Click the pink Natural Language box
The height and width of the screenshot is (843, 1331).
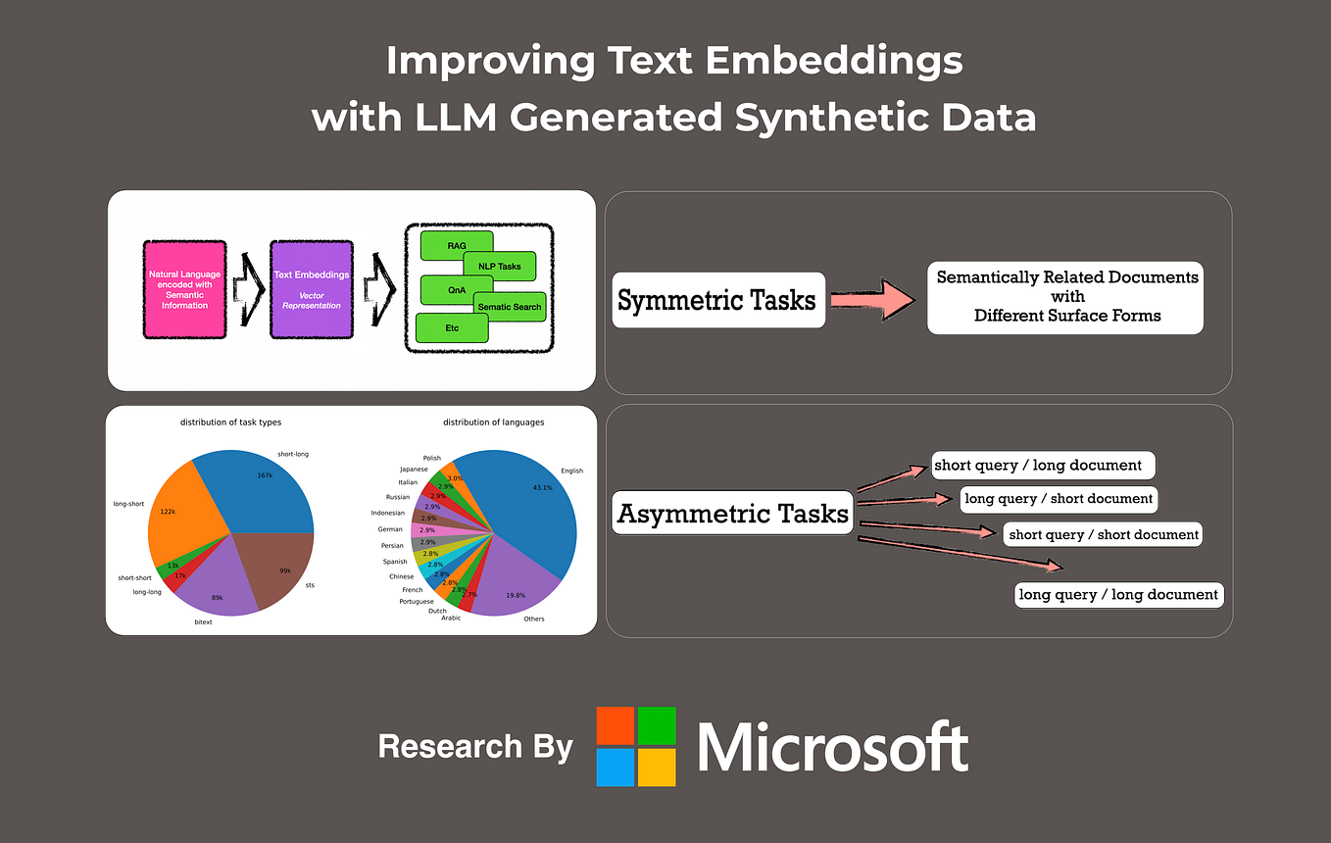pos(185,290)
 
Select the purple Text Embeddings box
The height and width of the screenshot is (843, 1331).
pos(312,290)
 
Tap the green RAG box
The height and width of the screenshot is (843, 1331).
pos(456,245)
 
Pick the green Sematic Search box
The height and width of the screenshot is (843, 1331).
pos(509,307)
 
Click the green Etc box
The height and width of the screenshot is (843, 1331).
pos(452,327)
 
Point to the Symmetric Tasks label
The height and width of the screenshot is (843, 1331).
pos(716,299)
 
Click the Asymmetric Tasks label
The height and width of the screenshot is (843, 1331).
pos(732,513)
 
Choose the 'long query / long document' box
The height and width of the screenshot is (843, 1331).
pos(1118,594)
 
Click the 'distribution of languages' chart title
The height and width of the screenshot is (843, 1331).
pos(493,422)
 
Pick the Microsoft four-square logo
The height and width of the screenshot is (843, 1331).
pos(636,746)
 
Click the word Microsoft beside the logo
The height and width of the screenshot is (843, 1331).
pos(833,747)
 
